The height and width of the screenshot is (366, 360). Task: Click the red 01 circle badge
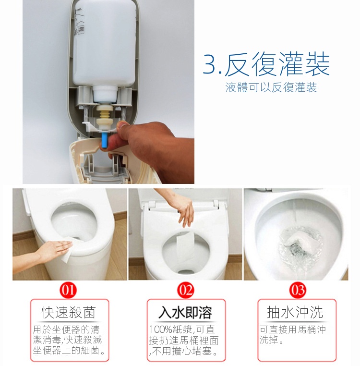tap(68, 290)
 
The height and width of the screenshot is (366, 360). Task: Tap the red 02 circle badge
tap(186, 290)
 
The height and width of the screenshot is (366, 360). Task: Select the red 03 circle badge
tap(298, 290)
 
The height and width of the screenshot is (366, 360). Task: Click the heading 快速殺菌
tap(69, 312)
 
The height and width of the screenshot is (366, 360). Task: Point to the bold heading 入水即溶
tap(185, 312)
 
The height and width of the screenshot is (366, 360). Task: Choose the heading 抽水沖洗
tap(295, 312)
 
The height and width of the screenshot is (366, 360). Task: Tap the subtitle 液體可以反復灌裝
tap(271, 87)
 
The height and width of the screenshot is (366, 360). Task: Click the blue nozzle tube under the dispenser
tap(104, 140)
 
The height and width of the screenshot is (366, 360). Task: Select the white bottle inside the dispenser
tap(105, 47)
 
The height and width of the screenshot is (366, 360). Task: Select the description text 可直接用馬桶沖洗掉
tap(292, 335)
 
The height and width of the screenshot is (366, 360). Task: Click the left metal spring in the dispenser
tap(86, 115)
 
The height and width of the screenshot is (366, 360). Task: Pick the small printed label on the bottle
tap(81, 30)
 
